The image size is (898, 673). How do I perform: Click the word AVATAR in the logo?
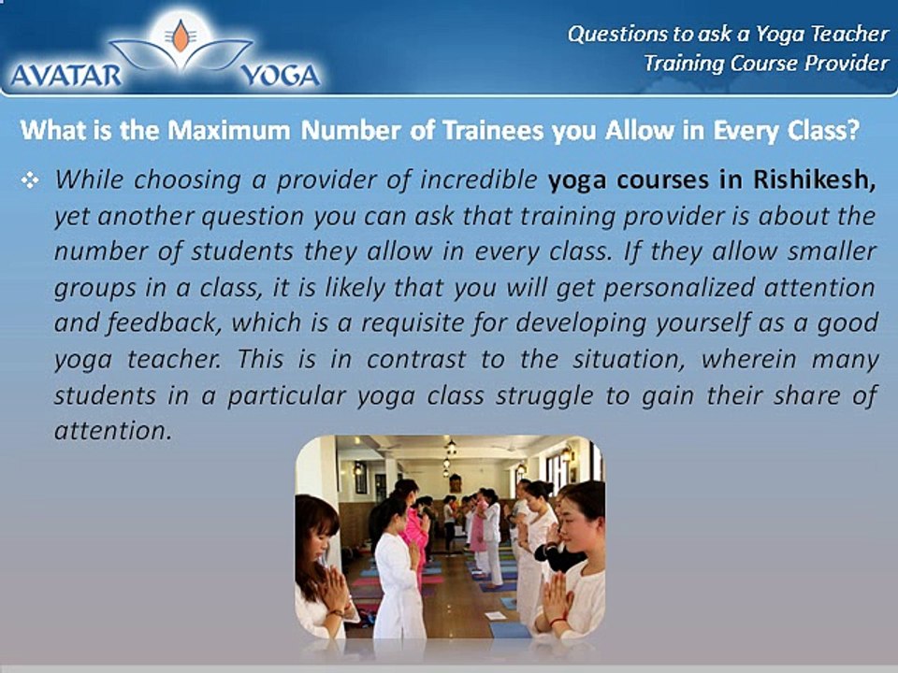pos(65,75)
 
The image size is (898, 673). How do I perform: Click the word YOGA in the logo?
pos(280,75)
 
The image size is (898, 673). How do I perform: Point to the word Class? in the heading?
pos(823,131)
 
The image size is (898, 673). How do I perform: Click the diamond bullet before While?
pos(30,180)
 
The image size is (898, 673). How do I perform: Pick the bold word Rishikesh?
pos(815,179)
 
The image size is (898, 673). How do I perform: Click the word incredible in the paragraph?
pos(479,179)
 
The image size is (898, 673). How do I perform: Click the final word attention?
pos(113,431)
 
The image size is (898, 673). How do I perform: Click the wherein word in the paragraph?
pos(749,359)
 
